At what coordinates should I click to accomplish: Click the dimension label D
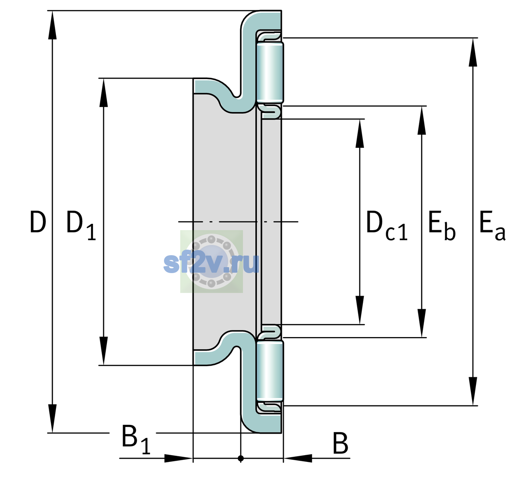pyautogui.click(x=38, y=222)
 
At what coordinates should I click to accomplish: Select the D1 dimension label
pyautogui.click(x=81, y=225)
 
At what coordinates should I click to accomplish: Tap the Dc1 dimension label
pyautogui.click(x=387, y=225)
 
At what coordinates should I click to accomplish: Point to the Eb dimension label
pyautogui.click(x=442, y=225)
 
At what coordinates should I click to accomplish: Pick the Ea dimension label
pyautogui.click(x=492, y=225)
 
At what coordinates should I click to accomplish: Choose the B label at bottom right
pyautogui.click(x=340, y=443)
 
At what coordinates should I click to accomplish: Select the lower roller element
pyautogui.click(x=270, y=371)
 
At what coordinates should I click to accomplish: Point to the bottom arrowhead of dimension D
pyautogui.click(x=52, y=418)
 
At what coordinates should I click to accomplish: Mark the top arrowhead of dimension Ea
pyautogui.click(x=473, y=52)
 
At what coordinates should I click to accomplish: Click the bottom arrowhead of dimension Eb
pyautogui.click(x=422, y=323)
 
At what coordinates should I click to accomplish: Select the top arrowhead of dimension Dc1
pyautogui.click(x=360, y=133)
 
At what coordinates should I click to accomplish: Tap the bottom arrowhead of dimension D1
pyautogui.click(x=104, y=351)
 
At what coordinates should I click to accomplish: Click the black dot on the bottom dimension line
pyautogui.click(x=241, y=459)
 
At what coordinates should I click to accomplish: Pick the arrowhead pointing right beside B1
pyautogui.click(x=179, y=458)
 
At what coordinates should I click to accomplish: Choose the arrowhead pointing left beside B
pyautogui.click(x=298, y=458)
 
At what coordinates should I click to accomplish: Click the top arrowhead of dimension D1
pyautogui.click(x=104, y=93)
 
